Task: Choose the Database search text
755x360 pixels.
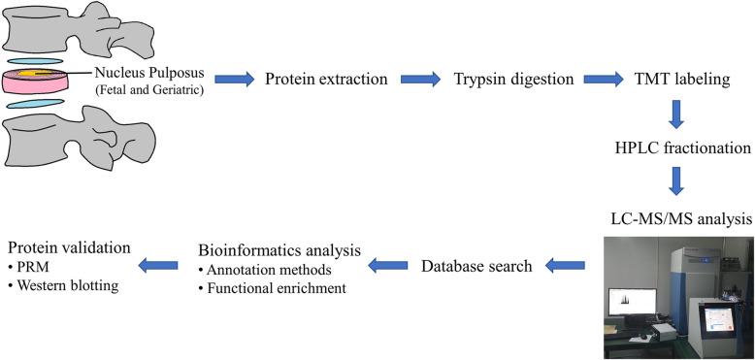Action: (476, 265)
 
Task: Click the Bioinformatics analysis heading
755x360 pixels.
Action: (279, 249)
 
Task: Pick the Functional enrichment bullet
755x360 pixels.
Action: (276, 288)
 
